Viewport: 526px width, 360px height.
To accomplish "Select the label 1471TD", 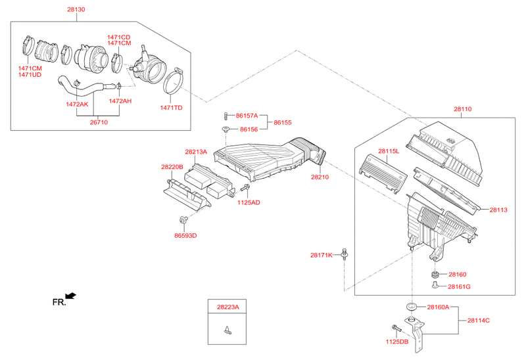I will point(172,107).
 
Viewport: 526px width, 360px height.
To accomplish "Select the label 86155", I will point(283,122).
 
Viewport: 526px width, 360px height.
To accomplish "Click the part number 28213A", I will point(196,151).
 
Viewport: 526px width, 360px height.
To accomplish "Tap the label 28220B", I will point(172,167).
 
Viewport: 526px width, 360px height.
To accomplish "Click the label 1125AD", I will point(249,202).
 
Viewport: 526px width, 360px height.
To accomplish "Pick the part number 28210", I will point(320,177).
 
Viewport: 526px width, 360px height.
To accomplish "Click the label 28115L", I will point(389,151).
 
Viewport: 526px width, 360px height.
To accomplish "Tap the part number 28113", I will point(498,210).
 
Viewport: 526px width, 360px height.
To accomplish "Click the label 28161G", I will point(461,287).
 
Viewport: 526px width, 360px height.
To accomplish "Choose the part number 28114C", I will point(479,320).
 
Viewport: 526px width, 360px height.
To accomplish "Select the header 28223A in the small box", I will point(227,307).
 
